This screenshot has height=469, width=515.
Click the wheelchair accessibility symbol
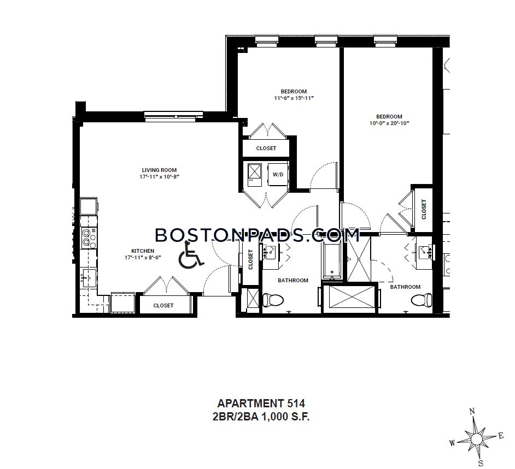[x=190, y=254]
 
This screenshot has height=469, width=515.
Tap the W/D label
[x=278, y=175]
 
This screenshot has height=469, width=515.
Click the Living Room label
[x=159, y=170]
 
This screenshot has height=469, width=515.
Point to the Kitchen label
[x=143, y=251]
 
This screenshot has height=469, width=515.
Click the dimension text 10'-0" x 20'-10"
[x=389, y=123]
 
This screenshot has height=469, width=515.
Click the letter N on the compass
[x=472, y=411]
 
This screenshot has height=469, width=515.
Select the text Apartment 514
[x=261, y=403]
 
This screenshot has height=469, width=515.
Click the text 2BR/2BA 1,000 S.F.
[x=261, y=417]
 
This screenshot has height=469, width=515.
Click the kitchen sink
[x=89, y=278]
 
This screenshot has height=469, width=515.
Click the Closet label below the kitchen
[x=163, y=305]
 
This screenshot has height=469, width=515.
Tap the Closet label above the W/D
[x=266, y=149]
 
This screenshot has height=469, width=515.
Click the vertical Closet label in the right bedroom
[x=424, y=209]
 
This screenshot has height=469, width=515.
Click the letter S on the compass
[x=481, y=463]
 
